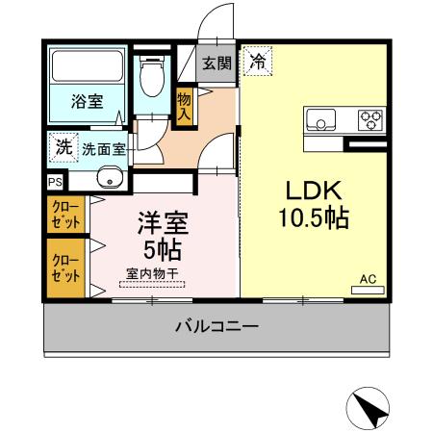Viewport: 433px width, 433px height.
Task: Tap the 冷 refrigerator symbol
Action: tap(257, 62)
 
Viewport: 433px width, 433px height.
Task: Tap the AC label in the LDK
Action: tap(367, 279)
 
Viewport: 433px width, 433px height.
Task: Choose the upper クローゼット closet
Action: tap(65, 214)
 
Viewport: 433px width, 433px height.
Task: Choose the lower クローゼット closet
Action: tap(65, 267)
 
